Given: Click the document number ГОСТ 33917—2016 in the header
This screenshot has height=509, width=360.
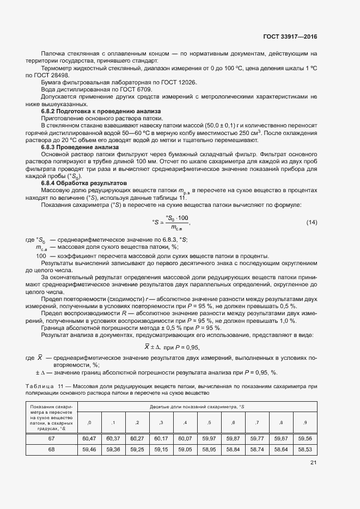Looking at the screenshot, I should pyautogui.click(x=290, y=37).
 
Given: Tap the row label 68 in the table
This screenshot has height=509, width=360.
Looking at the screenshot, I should pyautogui.click(x=52, y=449).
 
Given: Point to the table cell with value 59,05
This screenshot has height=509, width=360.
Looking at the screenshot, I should pyautogui.click(x=186, y=449).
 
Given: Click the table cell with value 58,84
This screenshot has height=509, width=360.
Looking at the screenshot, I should pyautogui.click(x=234, y=449).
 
